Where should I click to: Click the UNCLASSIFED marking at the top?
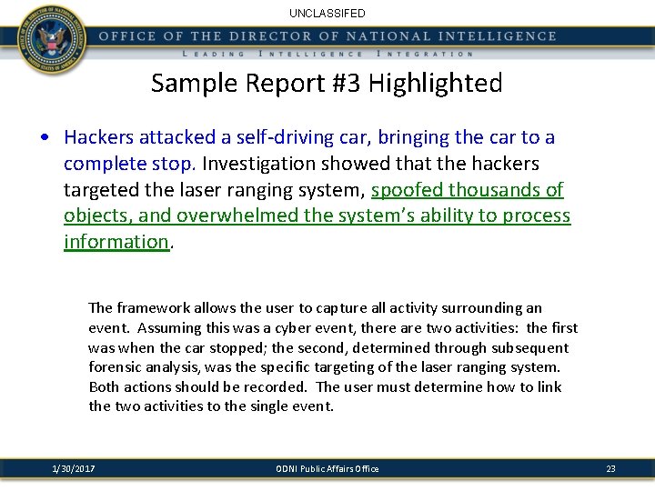click(327, 14)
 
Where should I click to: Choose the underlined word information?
click(116, 242)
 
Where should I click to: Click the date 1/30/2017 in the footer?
click(74, 468)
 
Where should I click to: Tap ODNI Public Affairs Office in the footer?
click(327, 468)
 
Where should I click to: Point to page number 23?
click(610, 468)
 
